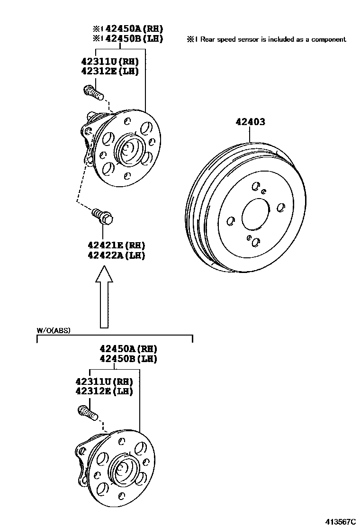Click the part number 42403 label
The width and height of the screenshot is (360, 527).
(x=251, y=122)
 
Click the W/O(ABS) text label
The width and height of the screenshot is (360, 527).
(x=54, y=331)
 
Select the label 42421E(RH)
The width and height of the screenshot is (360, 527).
(x=116, y=245)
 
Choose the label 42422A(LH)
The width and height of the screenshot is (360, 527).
(x=116, y=255)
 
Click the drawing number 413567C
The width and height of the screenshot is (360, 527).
(x=340, y=521)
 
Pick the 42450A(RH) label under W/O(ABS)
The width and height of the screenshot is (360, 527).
(x=128, y=348)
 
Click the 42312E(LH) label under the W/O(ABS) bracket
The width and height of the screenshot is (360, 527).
(x=104, y=391)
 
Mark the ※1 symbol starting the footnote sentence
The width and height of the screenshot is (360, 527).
(x=192, y=39)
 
